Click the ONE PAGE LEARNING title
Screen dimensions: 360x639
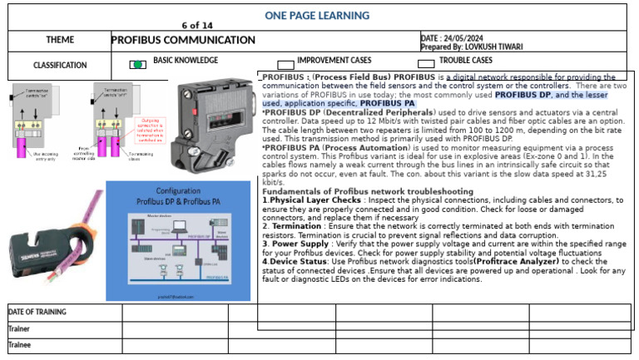[316, 15]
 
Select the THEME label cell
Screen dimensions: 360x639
[61, 40]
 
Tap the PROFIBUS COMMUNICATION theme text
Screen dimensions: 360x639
[183, 40]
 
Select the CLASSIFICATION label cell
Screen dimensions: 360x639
[60, 65]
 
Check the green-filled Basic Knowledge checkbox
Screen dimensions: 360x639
[138, 65]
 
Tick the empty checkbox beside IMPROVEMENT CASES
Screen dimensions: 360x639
[285, 65]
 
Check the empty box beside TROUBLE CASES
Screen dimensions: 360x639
[426, 65]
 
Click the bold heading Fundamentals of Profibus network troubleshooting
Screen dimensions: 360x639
[368, 191]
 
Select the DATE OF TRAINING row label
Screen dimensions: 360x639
[37, 312]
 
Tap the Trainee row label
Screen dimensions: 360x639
[20, 344]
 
